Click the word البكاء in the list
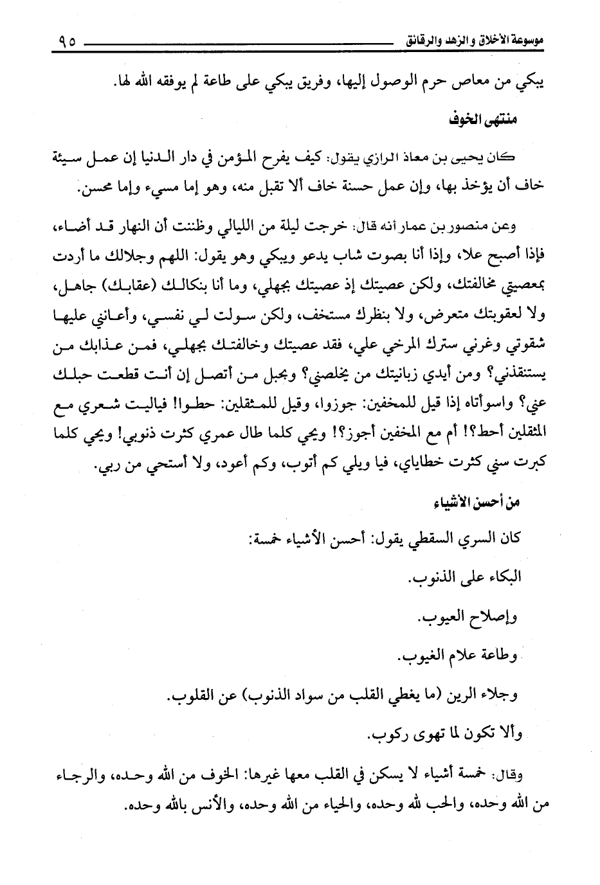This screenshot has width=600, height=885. (x=501, y=578)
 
